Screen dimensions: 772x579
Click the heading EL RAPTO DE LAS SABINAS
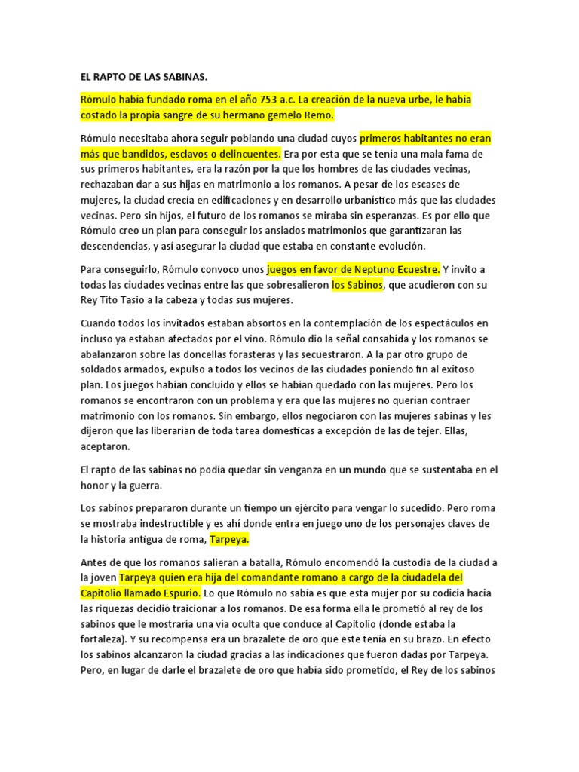[143, 77]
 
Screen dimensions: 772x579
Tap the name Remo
[317, 115]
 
